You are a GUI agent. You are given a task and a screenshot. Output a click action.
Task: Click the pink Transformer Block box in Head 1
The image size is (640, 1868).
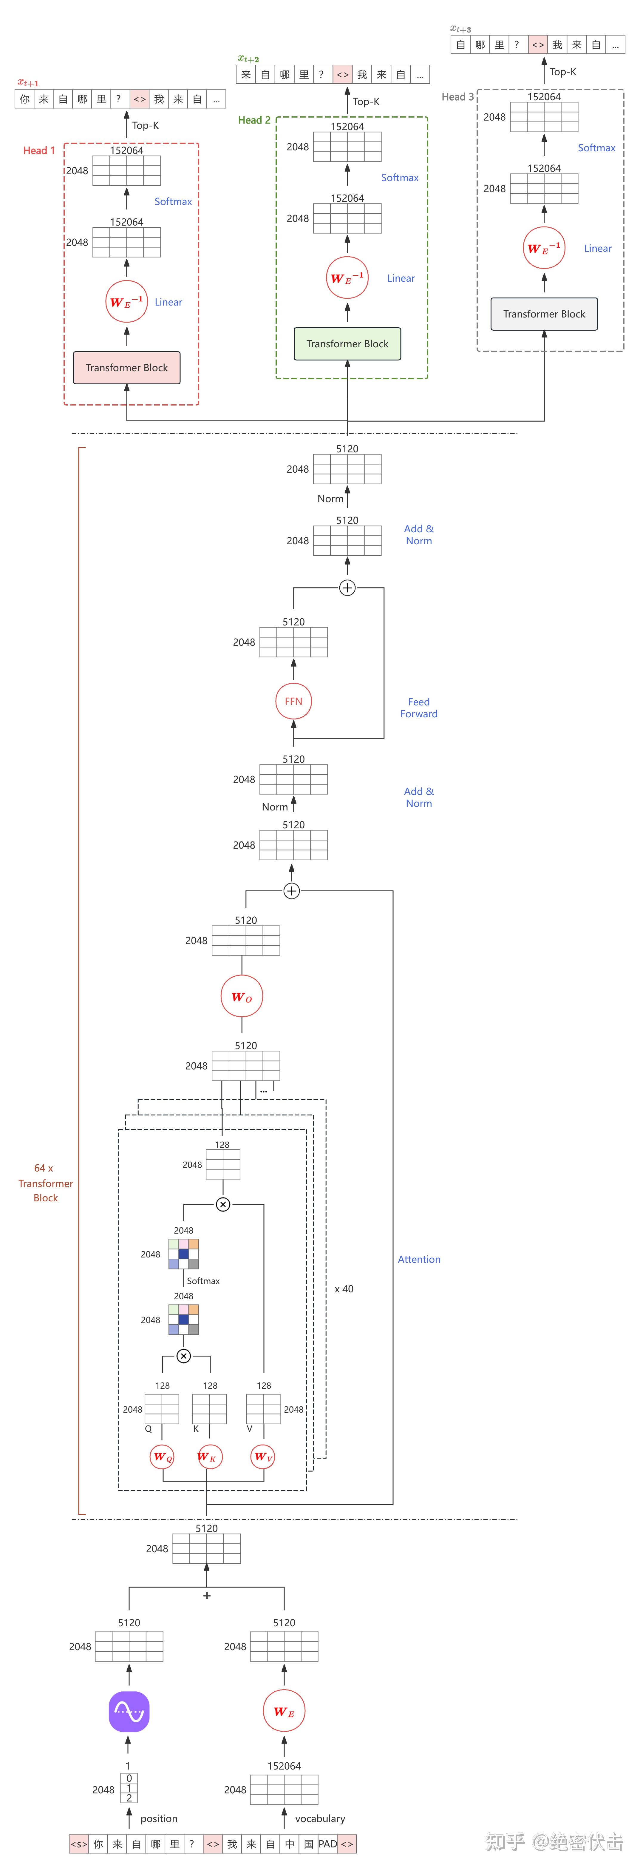coord(127,368)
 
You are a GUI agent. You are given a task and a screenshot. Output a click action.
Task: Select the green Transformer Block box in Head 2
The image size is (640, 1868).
coord(347,344)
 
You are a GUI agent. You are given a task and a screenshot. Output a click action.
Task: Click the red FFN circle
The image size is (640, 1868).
coord(293,701)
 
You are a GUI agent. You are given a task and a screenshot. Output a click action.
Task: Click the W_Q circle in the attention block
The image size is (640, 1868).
coord(162,1457)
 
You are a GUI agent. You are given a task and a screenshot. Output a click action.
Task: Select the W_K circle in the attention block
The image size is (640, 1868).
coord(209,1457)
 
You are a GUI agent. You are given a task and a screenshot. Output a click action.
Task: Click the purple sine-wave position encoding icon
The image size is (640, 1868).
coord(129,1711)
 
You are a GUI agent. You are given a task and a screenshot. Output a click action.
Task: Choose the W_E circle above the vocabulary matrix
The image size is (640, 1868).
coord(284,1711)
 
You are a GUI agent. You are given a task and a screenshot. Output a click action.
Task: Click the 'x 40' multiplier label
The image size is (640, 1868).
coord(344,1289)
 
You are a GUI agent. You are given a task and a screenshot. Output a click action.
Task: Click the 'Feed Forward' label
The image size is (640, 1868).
coord(419,708)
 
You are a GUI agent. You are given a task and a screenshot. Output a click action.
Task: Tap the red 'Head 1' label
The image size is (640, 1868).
coord(39,151)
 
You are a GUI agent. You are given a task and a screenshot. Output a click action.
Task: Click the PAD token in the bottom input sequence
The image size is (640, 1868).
coord(328,1844)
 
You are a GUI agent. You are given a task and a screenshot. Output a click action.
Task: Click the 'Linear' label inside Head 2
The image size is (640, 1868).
coord(401,278)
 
